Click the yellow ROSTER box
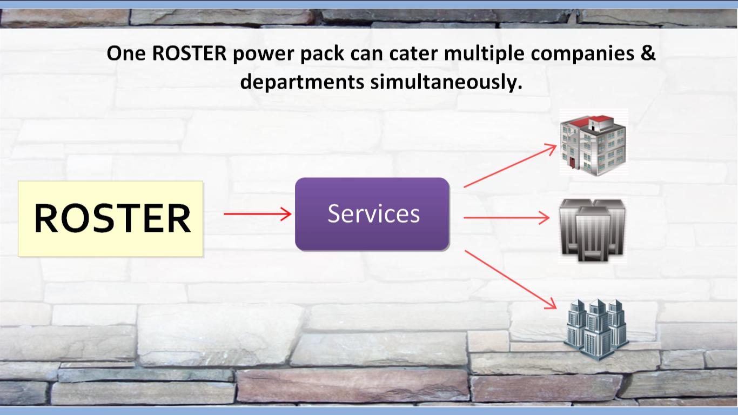(111, 218)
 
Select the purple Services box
(372, 215)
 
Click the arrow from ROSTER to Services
(258, 214)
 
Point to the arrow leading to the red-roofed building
(510, 165)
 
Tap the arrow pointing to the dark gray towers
(506, 218)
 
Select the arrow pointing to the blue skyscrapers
(511, 279)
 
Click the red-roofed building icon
(593, 143)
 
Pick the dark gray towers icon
(593, 230)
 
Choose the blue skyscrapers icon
(596, 329)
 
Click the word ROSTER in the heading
(190, 53)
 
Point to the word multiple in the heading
(484, 54)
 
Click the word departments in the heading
(302, 82)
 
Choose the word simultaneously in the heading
(446, 82)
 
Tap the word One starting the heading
(126, 53)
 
